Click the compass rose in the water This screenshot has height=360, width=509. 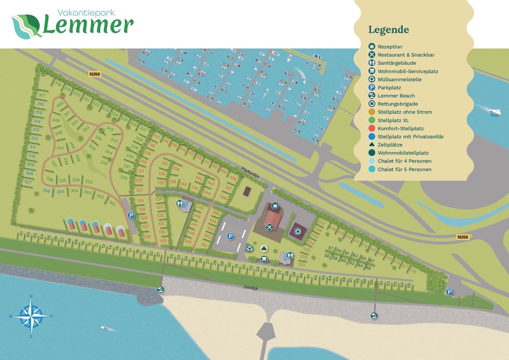31,316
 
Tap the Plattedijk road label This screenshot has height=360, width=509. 250,172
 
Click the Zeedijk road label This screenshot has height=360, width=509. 250,287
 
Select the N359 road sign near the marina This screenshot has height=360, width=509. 95,74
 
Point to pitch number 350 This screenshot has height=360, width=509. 60,105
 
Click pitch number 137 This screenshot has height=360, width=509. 165,163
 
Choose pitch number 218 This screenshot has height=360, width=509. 413,271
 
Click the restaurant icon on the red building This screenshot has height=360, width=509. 270,227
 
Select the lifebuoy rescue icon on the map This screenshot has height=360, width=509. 298,231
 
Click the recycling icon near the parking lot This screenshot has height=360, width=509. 250,248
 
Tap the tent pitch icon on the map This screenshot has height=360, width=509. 263,248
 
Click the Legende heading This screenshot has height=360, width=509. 389,30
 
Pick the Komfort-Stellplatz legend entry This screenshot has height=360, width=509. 400,129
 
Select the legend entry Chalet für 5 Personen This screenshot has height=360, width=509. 404,169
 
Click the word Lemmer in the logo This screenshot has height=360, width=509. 88,26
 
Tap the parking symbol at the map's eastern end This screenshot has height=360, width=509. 449,292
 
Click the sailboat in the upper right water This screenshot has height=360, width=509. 495,112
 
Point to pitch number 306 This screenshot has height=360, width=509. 46,191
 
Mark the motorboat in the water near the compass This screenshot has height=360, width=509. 105,328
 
